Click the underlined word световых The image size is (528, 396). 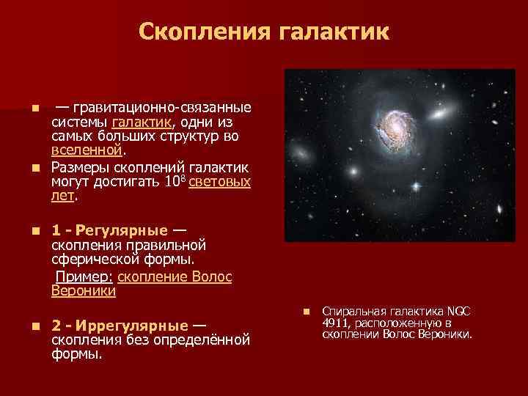coord(219,182)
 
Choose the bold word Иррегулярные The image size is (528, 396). coord(128,326)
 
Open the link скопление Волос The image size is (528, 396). coord(175,276)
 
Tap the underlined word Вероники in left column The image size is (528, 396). coord(83,290)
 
